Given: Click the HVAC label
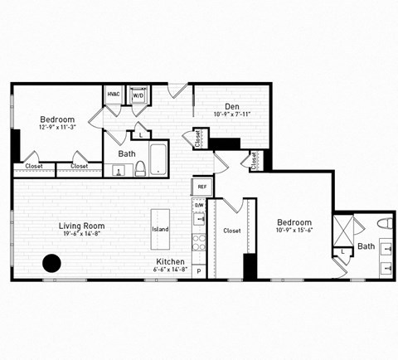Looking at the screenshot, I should [x=114, y=95].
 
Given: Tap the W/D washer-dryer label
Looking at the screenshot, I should [x=138, y=95].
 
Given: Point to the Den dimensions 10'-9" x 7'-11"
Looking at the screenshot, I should [x=232, y=114].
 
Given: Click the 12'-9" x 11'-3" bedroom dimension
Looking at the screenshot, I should [x=57, y=128].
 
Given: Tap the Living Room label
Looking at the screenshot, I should [x=81, y=226].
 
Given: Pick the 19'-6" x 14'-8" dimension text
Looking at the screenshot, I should [x=81, y=235].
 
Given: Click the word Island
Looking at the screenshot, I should [x=160, y=229].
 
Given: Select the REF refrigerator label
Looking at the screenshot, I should [x=201, y=187].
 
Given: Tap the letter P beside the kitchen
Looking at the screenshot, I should [x=198, y=271].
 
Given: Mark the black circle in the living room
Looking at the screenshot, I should [x=51, y=264].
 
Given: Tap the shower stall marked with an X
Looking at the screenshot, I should [x=344, y=227].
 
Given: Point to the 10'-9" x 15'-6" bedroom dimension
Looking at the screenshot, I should [x=294, y=231].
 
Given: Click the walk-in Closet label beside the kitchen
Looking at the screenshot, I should [x=232, y=231].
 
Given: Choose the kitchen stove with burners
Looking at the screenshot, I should [x=199, y=243].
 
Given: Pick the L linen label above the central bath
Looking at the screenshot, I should [x=141, y=134].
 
